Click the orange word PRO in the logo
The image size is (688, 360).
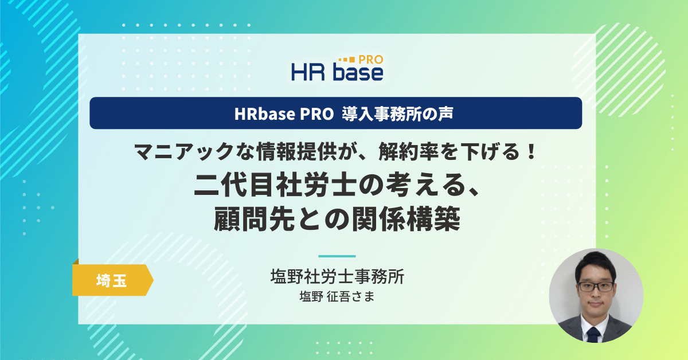[x=371, y=60]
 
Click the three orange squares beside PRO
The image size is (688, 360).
[x=347, y=59]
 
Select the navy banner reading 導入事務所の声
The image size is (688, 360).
[x=336, y=113]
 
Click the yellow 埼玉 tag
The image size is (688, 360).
[x=112, y=280]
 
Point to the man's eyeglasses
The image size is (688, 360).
[x=596, y=287]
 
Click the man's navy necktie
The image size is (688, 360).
[x=593, y=335]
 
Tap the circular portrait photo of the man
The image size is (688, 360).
[x=596, y=295]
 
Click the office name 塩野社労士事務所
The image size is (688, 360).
[x=337, y=276]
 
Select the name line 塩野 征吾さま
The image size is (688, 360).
[x=337, y=297]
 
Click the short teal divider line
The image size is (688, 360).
[x=337, y=256]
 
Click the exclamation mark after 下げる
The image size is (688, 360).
[x=530, y=151]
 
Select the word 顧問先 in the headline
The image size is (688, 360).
[x=255, y=219]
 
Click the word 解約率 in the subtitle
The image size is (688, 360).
[x=408, y=152]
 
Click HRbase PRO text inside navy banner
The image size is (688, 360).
[x=284, y=114]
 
